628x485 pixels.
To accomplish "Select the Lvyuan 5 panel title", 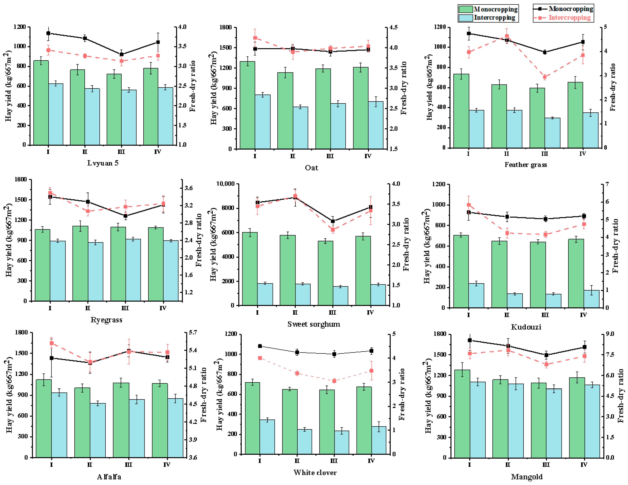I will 103,163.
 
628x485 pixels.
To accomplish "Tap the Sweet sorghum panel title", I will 314,324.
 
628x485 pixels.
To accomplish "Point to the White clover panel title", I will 315,472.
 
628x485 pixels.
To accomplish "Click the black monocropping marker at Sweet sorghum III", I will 333,221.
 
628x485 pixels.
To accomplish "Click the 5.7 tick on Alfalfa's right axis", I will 193,332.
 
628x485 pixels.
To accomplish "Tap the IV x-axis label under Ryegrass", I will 163,308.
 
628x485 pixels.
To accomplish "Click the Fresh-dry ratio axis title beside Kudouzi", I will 615,246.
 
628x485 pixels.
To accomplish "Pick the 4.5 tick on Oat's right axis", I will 393,27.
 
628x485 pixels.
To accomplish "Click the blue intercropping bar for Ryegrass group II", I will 96,272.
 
